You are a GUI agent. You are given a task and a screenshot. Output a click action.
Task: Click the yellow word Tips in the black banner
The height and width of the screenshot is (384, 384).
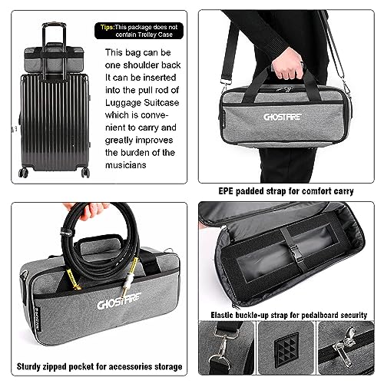(x=106, y=27)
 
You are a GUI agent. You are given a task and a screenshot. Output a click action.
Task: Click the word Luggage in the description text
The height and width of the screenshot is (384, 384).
(x=122, y=103)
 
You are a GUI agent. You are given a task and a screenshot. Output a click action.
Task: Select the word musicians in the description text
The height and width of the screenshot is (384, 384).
(x=126, y=165)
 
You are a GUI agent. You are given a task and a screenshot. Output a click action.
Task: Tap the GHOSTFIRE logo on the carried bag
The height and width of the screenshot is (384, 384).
(x=283, y=117)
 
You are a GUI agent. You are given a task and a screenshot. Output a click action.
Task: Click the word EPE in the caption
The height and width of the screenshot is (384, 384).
(x=226, y=191)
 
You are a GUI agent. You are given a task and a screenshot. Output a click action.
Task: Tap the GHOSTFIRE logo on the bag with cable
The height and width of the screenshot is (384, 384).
(x=118, y=302)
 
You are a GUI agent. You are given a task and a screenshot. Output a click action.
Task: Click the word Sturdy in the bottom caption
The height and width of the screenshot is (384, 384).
(x=28, y=367)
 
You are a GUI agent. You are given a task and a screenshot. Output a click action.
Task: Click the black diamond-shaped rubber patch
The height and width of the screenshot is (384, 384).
(x=286, y=349)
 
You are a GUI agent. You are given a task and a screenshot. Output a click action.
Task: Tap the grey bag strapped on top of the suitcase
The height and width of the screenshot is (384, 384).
(x=54, y=59)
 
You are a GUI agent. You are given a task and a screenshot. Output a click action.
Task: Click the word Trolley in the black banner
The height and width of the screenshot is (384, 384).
(x=147, y=35)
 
